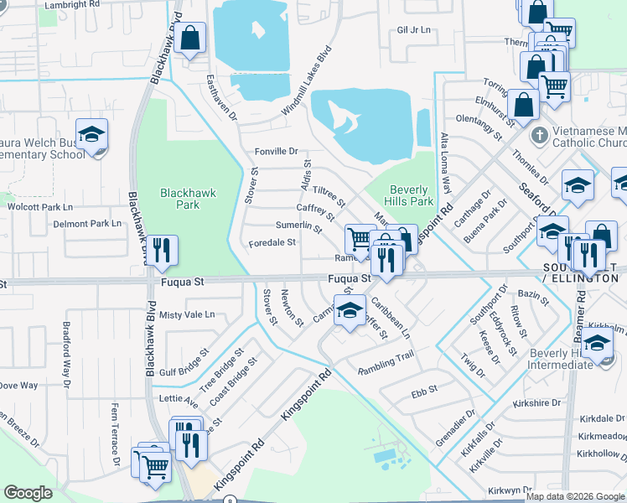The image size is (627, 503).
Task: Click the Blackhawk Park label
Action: pyautogui.click(x=188, y=199)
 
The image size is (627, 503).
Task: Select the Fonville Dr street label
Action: pyautogui.click(x=276, y=151)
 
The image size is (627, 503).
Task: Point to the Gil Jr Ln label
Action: pyautogui.click(x=413, y=30)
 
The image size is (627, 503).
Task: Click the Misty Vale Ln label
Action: pyautogui.click(x=187, y=314)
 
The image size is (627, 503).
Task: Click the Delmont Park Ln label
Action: pyautogui.click(x=87, y=224)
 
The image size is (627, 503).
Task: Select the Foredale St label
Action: pyautogui.click(x=272, y=243)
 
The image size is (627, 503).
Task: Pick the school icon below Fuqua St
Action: pyautogui.click(x=350, y=309)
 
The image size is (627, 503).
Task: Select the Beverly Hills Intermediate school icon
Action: pyautogui.click(x=598, y=345)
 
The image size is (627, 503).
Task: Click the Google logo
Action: pyautogui.click(x=27, y=493)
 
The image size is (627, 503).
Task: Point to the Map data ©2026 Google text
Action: pyautogui.click(x=574, y=496)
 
